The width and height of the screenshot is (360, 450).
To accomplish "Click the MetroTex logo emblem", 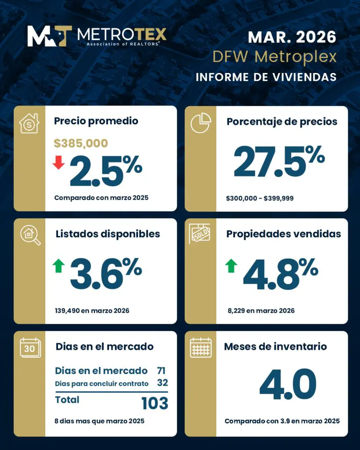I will click(x=49, y=36).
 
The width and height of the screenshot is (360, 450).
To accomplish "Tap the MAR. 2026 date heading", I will click(x=292, y=37).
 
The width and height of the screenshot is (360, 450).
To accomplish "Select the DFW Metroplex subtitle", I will click(x=274, y=57).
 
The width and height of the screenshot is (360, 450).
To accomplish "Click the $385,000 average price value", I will click(x=81, y=143).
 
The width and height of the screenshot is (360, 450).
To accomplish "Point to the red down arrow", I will click(x=58, y=163).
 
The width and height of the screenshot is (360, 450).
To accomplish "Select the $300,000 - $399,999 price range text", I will click(x=260, y=198).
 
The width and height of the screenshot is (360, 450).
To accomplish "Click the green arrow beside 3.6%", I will click(x=58, y=265).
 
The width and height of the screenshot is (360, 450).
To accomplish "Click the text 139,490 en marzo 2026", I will click(x=92, y=311).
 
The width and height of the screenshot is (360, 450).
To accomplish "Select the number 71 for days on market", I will click(x=161, y=370).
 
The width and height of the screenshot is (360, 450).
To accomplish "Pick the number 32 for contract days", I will click(x=162, y=383).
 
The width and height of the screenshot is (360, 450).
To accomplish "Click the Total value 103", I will click(x=155, y=403).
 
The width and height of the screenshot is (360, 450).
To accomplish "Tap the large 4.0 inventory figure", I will click(x=287, y=385).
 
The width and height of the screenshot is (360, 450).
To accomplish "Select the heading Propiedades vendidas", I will click(x=284, y=234).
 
